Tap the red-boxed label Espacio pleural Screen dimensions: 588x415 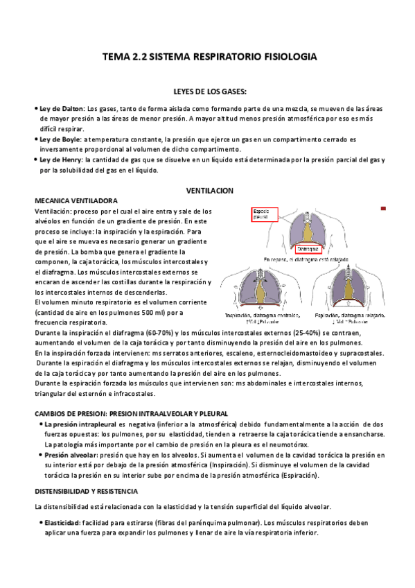point(264,214)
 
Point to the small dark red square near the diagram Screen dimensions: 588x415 point(383,208)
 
